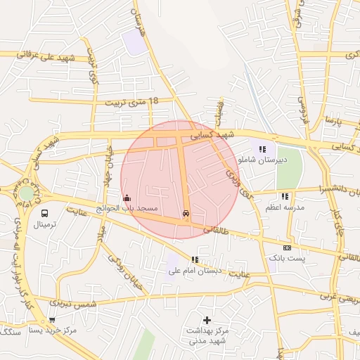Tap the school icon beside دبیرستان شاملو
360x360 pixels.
[x=262, y=149]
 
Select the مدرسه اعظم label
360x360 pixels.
[x=284, y=208]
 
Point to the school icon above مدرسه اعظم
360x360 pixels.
[x=284, y=197]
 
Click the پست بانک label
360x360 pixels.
[x=287, y=259]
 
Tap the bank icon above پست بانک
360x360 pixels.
[x=287, y=247]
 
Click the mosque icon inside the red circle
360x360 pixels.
[x=127, y=198]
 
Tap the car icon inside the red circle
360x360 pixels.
[x=186, y=213]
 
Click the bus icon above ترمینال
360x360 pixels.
[x=45, y=213]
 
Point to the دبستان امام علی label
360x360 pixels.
[x=195, y=271]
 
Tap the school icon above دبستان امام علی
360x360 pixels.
[x=195, y=260]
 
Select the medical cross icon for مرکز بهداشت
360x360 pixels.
[x=207, y=320]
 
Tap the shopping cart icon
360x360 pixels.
[x=51, y=320]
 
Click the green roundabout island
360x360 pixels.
[x=26, y=193]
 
